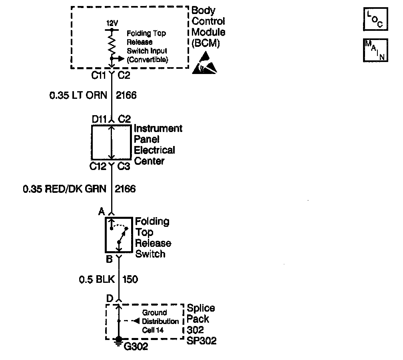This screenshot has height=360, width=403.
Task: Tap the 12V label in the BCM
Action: click(x=112, y=24)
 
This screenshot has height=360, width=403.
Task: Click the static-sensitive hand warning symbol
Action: click(x=205, y=63)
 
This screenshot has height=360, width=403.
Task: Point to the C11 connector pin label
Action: click(x=99, y=76)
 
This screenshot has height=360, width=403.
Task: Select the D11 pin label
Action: click(x=99, y=119)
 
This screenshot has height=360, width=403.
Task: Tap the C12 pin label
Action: click(x=99, y=167)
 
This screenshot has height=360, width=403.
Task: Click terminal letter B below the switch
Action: click(x=109, y=260)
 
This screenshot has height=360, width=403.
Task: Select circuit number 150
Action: click(x=131, y=279)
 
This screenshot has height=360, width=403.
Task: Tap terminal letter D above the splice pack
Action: click(x=109, y=298)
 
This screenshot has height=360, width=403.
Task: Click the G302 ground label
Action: click(x=136, y=346)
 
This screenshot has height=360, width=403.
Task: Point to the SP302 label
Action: click(x=202, y=341)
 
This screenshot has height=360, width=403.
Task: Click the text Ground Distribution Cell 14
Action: click(x=160, y=321)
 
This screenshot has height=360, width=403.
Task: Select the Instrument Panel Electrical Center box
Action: click(x=111, y=142)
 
